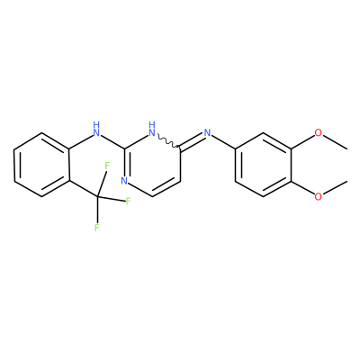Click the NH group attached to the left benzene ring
(96, 129)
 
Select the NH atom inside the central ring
(152, 129)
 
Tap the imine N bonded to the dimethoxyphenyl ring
(207, 132)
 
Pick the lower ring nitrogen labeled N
(124, 181)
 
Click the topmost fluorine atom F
(107, 166)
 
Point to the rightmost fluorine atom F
(129, 201)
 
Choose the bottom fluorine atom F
(96, 228)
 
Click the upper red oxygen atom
(319, 132)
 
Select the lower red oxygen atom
(319, 197)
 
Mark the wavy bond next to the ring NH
(168, 140)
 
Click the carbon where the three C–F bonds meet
(97, 196)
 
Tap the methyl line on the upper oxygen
(336, 142)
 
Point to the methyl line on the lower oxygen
(336, 188)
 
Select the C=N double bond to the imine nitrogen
(192, 140)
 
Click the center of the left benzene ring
(41, 165)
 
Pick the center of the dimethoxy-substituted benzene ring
(263, 165)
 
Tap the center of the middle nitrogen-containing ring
(152, 165)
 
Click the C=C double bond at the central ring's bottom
(166, 187)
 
